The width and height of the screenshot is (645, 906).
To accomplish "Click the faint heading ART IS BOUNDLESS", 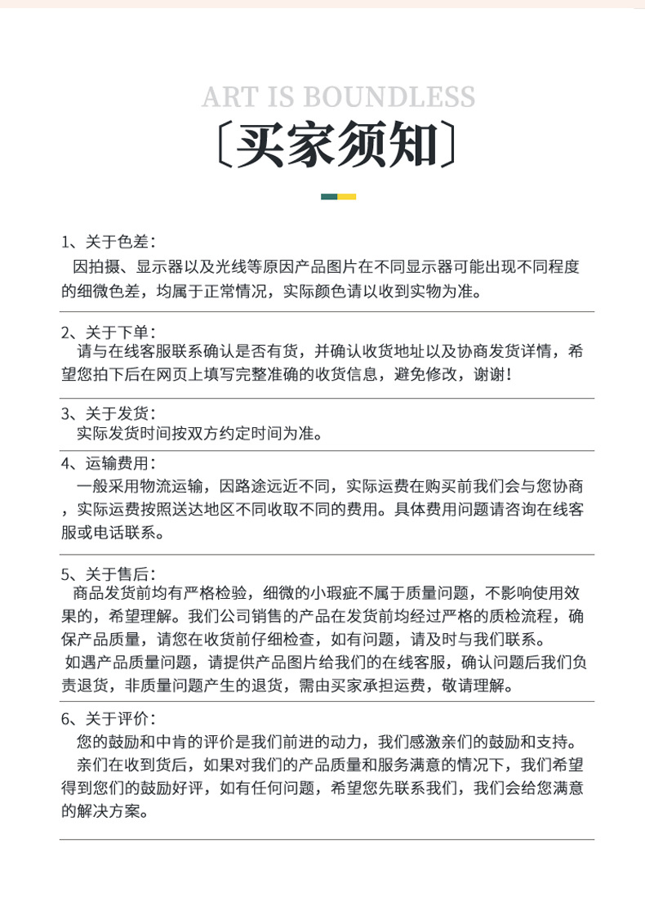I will tap(338, 96).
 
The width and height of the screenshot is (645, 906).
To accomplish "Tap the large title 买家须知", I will tap(338, 146).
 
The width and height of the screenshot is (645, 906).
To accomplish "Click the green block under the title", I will tap(329, 196).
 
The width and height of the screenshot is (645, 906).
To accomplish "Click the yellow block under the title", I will tap(347, 196).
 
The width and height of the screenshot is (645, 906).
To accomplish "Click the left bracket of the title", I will tap(225, 146).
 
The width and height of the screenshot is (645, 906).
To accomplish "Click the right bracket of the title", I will tap(450, 146).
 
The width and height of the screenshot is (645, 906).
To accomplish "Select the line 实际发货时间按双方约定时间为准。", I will tap(199, 433).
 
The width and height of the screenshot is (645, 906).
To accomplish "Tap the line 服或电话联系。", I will tap(113, 533).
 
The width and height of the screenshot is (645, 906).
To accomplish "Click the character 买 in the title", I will tap(262, 146).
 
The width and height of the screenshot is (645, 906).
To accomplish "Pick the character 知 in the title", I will tap(412, 146).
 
